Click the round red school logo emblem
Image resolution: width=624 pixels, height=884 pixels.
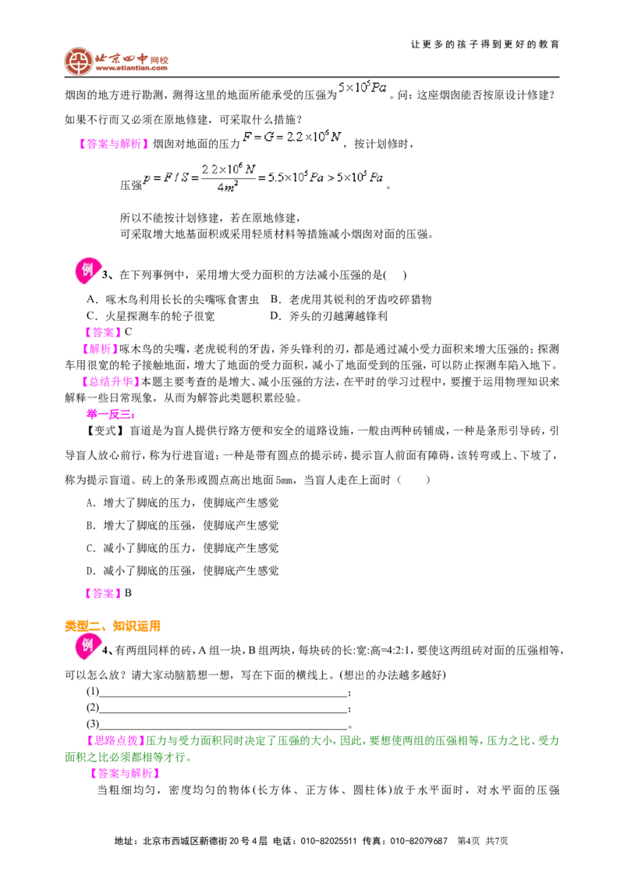pyautogui.click(x=78, y=61)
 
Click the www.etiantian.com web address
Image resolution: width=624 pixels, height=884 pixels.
pyautogui.click(x=131, y=68)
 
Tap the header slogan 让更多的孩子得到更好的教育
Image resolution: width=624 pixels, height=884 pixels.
pyautogui.click(x=485, y=44)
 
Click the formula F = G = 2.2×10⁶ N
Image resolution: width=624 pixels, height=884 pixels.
pyautogui.click(x=292, y=136)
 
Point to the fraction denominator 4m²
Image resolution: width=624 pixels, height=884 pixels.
pyautogui.click(x=228, y=187)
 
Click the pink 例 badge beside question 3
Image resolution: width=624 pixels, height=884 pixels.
pyautogui.click(x=87, y=271)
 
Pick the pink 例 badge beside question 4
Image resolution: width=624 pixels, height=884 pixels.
pyautogui.click(x=87, y=646)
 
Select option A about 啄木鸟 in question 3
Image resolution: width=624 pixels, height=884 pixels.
pyautogui.click(x=172, y=299)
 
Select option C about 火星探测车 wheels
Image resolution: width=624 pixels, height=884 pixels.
pyautogui.click(x=151, y=316)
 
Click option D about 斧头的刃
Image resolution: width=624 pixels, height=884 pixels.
pyautogui.click(x=328, y=316)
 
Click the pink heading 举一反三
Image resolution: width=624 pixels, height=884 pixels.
pyautogui.click(x=111, y=415)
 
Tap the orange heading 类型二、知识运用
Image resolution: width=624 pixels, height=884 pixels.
pyautogui.click(x=112, y=626)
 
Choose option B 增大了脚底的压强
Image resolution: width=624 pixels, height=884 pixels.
pyautogui.click(x=183, y=526)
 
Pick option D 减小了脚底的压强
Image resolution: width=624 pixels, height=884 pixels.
pyautogui.click(x=183, y=571)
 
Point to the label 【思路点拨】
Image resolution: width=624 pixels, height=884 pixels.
pyautogui.click(x=115, y=741)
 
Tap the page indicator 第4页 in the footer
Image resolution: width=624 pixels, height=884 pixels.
pyautogui.click(x=469, y=841)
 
